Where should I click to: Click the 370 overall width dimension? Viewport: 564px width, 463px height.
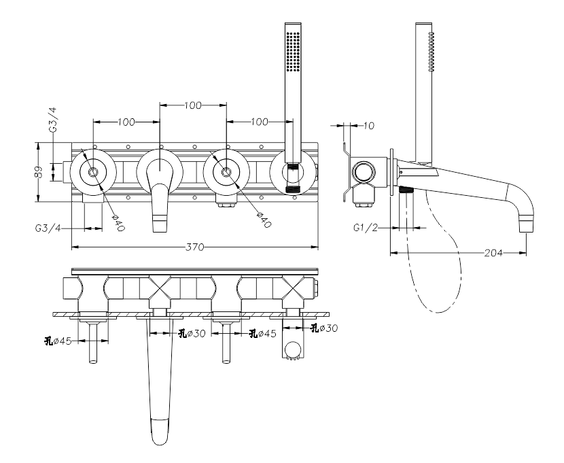click(194, 247)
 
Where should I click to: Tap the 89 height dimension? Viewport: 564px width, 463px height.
click(39, 172)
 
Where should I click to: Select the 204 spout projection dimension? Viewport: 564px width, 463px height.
click(493, 253)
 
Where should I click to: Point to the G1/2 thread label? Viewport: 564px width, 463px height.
click(366, 228)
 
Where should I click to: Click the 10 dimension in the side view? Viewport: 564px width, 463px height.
click(369, 126)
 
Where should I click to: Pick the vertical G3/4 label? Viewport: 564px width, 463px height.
click(53, 120)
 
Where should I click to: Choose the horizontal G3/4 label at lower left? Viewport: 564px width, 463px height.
click(48, 228)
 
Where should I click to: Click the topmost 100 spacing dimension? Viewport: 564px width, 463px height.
click(193, 105)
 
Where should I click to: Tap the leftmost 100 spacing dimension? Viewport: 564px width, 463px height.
click(126, 122)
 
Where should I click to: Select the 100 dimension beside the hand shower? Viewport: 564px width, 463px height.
click(260, 122)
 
